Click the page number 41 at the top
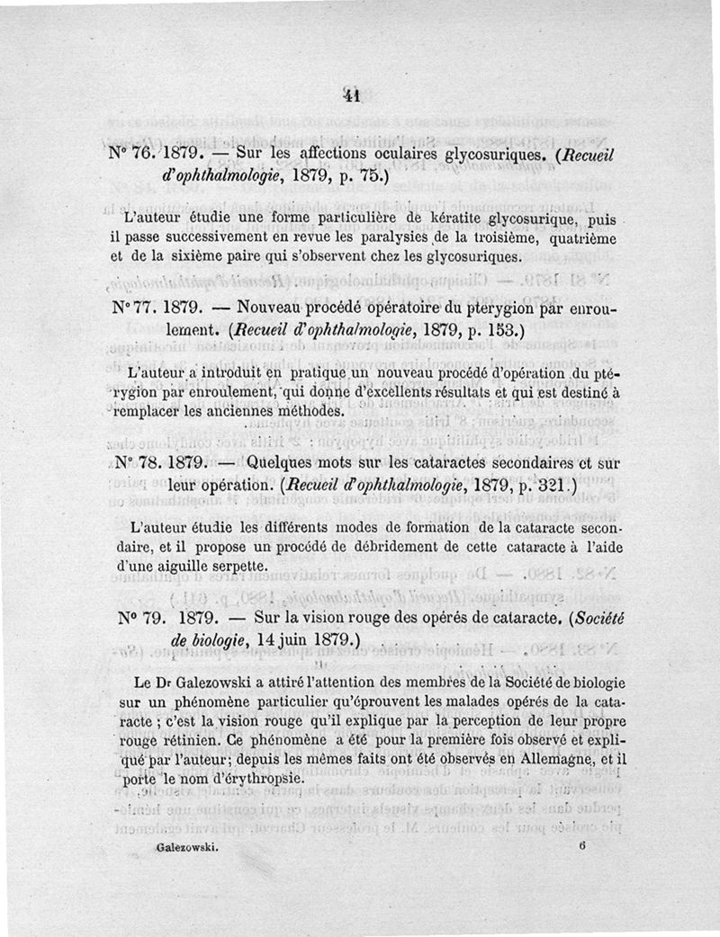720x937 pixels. pyautogui.click(x=351, y=97)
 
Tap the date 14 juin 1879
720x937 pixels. pyautogui.click(x=299, y=640)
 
